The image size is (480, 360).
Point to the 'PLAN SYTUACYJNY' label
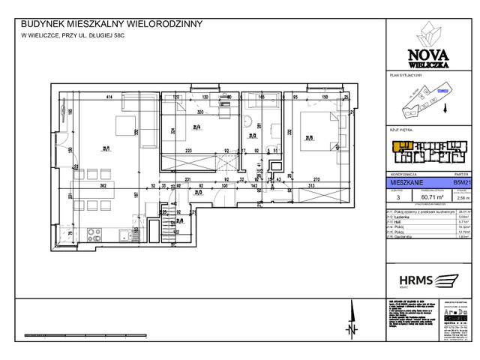point(406,76)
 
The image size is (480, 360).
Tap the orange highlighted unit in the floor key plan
point(403,145)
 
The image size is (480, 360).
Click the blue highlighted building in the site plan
point(442,92)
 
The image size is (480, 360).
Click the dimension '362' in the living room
point(107,185)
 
